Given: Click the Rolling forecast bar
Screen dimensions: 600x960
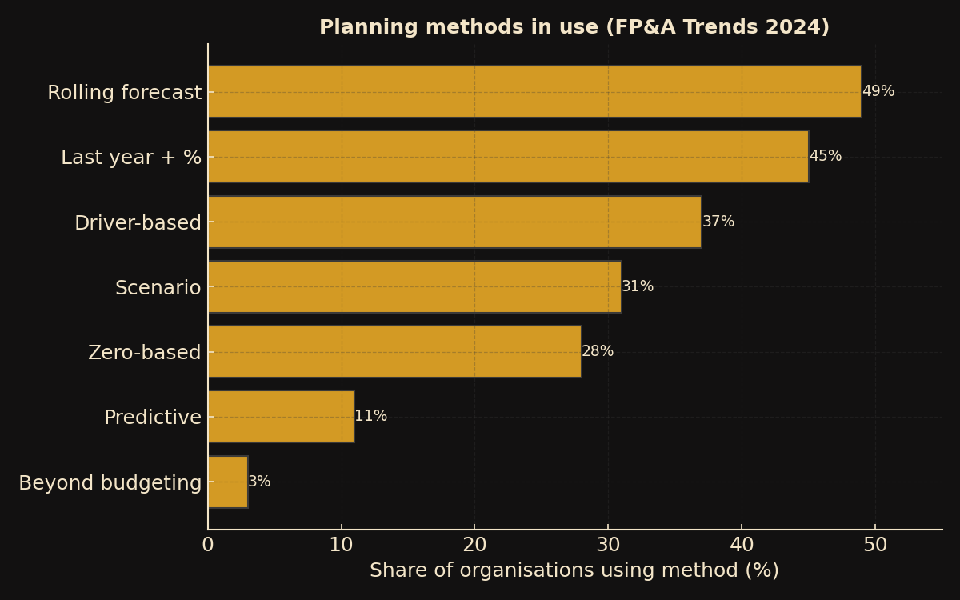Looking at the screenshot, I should [534, 92].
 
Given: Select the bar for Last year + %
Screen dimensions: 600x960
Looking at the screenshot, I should [508, 157].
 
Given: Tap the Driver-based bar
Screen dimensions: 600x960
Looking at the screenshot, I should [454, 222].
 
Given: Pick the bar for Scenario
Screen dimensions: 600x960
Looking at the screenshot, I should [414, 286].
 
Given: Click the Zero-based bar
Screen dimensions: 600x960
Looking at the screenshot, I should [394, 352].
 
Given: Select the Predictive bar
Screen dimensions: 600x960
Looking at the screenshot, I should [281, 417].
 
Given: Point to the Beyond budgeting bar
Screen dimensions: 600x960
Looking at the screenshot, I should [228, 482].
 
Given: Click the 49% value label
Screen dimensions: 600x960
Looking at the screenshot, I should [878, 92].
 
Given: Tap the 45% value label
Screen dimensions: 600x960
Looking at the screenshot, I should [825, 157].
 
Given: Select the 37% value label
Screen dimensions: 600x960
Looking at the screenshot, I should [718, 222].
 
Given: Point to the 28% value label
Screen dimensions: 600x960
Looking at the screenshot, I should [598, 352].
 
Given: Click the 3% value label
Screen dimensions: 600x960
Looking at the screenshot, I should [259, 482].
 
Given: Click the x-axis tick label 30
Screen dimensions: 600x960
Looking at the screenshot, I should [608, 546].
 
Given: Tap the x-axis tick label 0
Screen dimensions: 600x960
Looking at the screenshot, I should [208, 546].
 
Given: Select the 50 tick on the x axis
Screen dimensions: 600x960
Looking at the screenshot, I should [875, 546].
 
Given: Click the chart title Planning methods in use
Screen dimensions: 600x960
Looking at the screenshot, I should [574, 28].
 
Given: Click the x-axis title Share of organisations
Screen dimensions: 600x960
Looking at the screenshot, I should [574, 571].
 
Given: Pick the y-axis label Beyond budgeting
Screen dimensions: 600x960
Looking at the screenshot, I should [110, 483].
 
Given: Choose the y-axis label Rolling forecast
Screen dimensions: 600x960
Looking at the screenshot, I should [124, 94].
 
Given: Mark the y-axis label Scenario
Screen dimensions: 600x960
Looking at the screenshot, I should [158, 288].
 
